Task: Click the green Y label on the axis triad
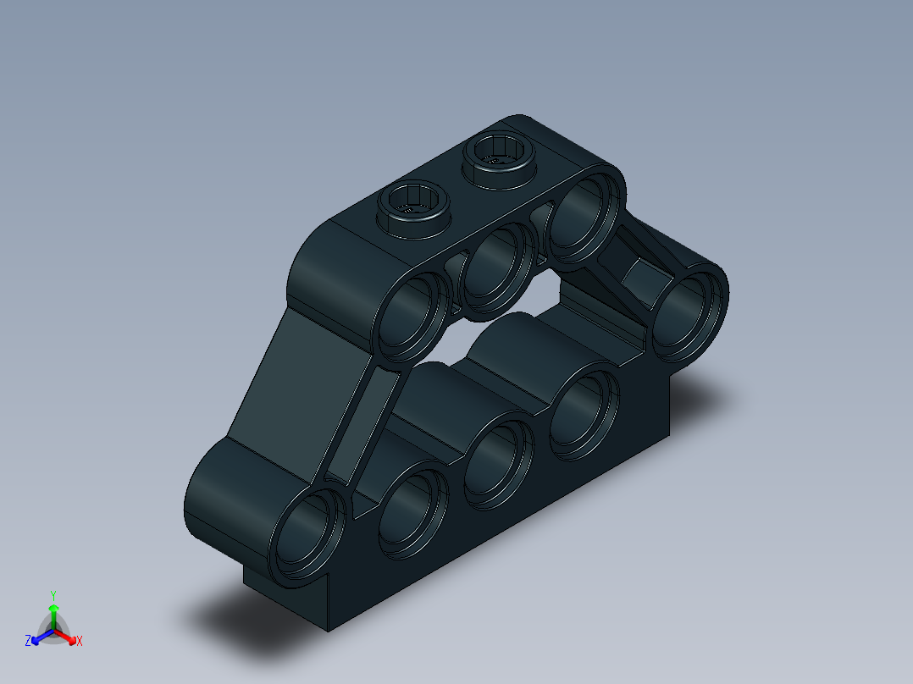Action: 53,594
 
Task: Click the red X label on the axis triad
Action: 80,642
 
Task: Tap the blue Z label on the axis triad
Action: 28,642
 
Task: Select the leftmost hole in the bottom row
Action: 309,535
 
